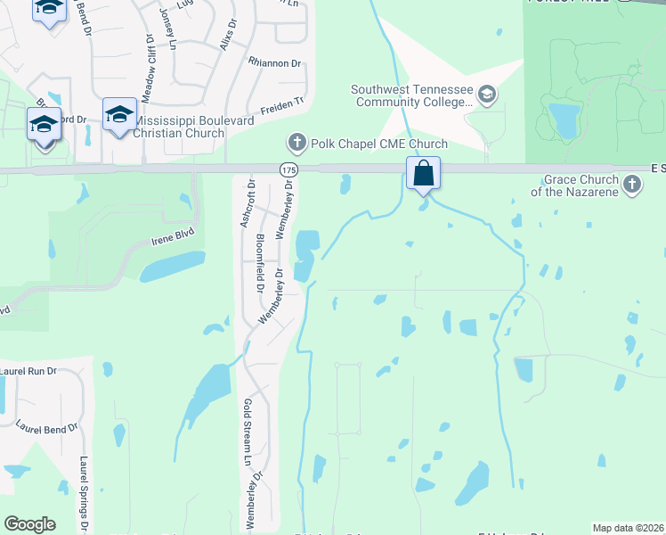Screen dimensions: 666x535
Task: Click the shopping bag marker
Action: pos(424,172)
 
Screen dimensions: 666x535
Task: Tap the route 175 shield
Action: pos(288,169)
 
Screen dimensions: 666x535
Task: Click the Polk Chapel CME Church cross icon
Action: pos(296,142)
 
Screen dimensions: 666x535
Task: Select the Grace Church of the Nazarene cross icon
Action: pos(632,185)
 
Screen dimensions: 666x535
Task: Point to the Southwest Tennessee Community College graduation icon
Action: pos(487,94)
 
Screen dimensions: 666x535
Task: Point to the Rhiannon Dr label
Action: pos(275,63)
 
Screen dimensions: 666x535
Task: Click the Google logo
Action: pos(29,524)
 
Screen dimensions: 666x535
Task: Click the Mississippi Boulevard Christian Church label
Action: pos(178,127)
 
